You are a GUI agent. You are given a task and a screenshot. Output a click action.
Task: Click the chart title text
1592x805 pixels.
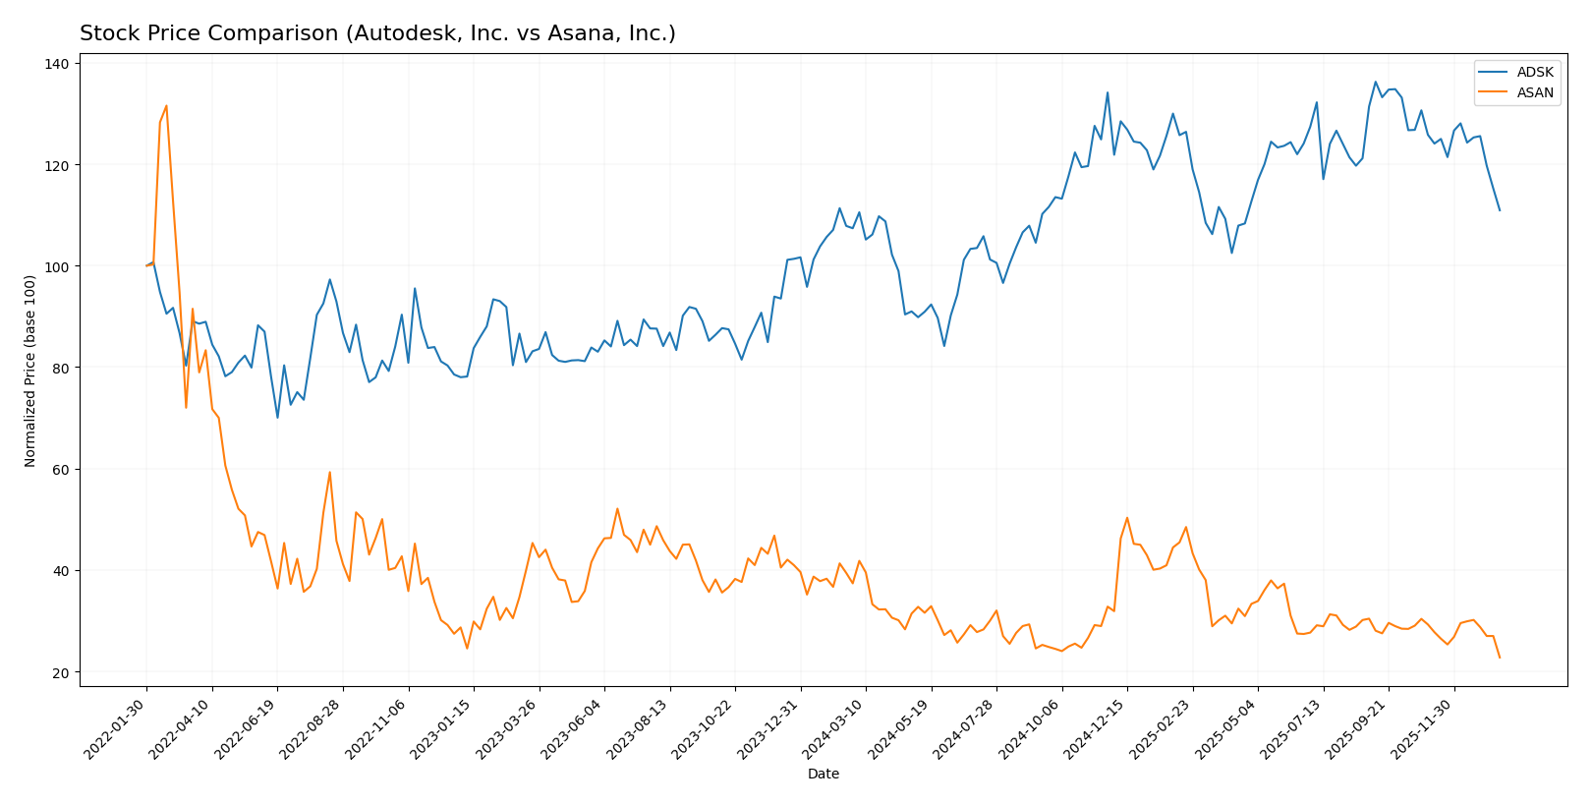click(377, 34)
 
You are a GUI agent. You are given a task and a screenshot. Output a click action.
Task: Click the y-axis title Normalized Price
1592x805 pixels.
click(30, 371)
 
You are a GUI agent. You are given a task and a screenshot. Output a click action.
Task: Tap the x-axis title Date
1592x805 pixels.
click(824, 775)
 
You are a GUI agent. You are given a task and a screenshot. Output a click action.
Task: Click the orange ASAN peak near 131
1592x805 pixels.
click(166, 106)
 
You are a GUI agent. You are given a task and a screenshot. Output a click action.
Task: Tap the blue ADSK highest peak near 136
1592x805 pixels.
click(1375, 83)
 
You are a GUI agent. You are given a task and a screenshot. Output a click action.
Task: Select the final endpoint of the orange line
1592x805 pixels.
click(1500, 658)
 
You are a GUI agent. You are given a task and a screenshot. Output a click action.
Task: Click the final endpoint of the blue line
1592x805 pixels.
click(1500, 210)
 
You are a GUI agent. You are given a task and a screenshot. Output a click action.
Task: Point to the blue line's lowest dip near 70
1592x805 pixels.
click(277, 418)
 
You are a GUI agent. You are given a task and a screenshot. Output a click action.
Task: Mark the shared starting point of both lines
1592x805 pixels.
click(146, 265)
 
